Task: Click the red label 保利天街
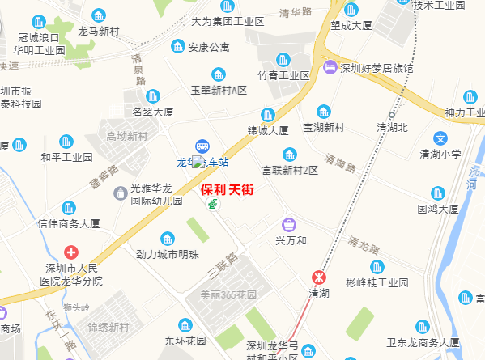click(227, 190)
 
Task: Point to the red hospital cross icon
click(72, 252)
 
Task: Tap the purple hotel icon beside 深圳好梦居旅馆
click(330, 68)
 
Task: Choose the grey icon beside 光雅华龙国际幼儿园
click(120, 192)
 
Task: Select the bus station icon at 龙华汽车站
click(202, 146)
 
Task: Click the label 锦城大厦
click(268, 130)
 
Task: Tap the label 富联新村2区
click(290, 171)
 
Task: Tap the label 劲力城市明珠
click(168, 254)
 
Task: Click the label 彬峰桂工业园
click(377, 283)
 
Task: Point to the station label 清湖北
click(393, 127)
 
